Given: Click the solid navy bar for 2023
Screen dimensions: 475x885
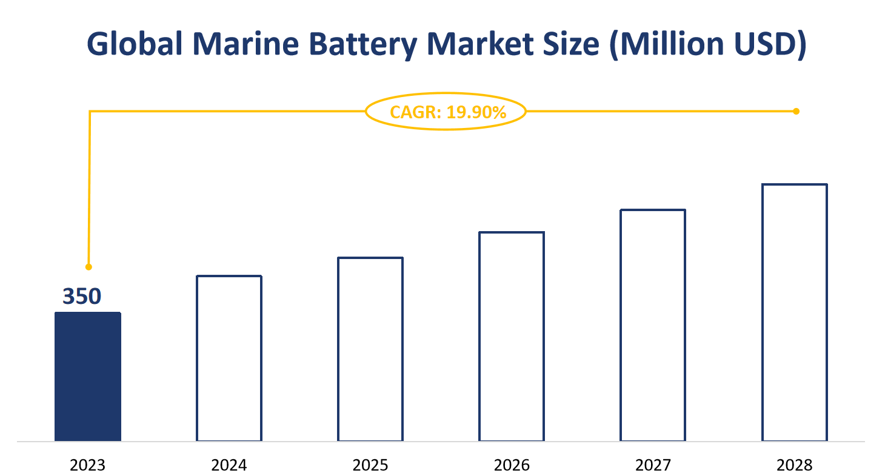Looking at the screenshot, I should (88, 376).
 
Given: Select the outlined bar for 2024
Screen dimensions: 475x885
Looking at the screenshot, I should (229, 358).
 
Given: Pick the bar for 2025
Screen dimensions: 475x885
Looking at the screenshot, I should (370, 349).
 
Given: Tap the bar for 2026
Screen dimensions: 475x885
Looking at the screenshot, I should (512, 336).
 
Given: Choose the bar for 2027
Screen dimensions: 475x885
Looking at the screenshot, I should (653, 325).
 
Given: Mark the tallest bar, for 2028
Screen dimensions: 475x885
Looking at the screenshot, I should (795, 312).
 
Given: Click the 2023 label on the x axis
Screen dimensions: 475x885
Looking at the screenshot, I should (88, 465).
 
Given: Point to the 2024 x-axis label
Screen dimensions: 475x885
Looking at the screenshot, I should (229, 465).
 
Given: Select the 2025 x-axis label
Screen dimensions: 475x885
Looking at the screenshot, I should (370, 465).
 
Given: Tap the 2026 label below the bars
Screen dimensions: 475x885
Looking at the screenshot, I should (512, 465).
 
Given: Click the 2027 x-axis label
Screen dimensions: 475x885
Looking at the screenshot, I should (653, 465).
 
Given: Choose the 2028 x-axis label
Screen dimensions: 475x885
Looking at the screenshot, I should (795, 465).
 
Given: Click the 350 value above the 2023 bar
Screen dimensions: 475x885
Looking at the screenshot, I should (82, 296).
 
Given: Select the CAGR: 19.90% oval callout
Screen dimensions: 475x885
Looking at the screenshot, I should (446, 112).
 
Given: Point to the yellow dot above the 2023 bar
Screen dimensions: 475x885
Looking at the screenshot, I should (88, 267).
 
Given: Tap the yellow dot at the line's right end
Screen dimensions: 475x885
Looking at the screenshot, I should (796, 111).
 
